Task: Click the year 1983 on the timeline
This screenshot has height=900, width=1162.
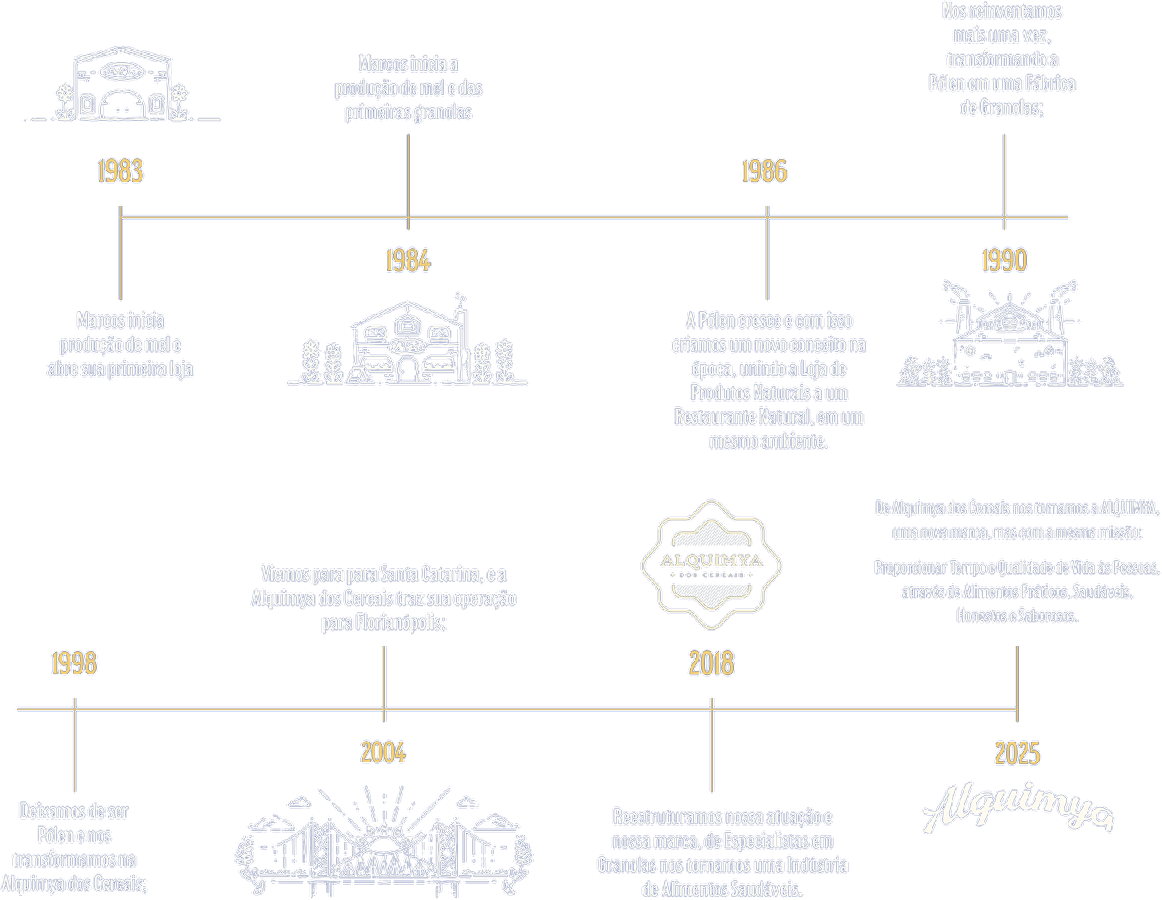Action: pyautogui.click(x=120, y=171)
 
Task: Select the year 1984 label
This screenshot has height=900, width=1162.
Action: pyautogui.click(x=407, y=261)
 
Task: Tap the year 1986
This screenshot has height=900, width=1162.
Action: pyautogui.click(x=764, y=171)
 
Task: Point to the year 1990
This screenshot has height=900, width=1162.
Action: pyautogui.click(x=1004, y=261)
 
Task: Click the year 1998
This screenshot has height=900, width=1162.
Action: pyautogui.click(x=74, y=664)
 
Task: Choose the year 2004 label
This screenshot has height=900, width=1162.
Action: pyautogui.click(x=383, y=754)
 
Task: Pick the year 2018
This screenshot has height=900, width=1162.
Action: pyautogui.click(x=711, y=664)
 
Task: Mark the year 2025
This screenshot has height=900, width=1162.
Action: pyautogui.click(x=1017, y=754)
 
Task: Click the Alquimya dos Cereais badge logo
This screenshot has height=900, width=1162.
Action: pyautogui.click(x=711, y=563)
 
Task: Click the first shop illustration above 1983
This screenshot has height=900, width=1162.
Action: pyautogui.click(x=122, y=85)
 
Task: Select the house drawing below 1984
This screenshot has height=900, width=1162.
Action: pyautogui.click(x=407, y=342)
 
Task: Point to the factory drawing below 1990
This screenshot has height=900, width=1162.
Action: pyautogui.click(x=1009, y=336)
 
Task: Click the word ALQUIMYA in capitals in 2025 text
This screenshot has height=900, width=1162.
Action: pyautogui.click(x=1128, y=509)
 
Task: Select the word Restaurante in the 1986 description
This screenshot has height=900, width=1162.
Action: pyautogui.click(x=715, y=418)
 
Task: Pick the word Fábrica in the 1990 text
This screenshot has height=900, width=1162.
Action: pyautogui.click(x=1052, y=83)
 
